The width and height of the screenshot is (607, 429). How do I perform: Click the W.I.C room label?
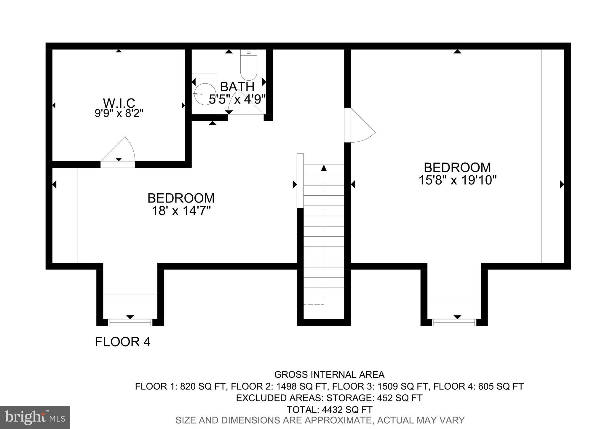point(119,103)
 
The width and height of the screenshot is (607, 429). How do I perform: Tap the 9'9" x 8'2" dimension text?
point(119,113)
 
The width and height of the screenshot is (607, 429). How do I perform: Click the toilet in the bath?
point(249,65)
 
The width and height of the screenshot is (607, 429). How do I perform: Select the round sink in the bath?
point(205,94)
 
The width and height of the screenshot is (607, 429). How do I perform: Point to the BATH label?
point(237,87)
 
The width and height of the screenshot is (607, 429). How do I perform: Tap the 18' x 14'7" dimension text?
point(181,211)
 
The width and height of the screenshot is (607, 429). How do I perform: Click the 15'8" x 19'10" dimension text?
point(457,180)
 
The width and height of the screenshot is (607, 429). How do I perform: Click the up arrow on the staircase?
point(324,168)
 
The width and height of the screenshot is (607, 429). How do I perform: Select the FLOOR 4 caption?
point(123,342)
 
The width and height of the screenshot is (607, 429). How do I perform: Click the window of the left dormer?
point(130,322)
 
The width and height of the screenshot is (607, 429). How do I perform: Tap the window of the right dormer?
point(454,322)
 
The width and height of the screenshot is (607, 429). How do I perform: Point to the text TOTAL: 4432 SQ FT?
point(329,410)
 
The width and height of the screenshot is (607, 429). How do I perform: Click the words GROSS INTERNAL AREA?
point(329,374)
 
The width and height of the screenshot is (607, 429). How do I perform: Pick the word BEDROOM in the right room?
point(457,168)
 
